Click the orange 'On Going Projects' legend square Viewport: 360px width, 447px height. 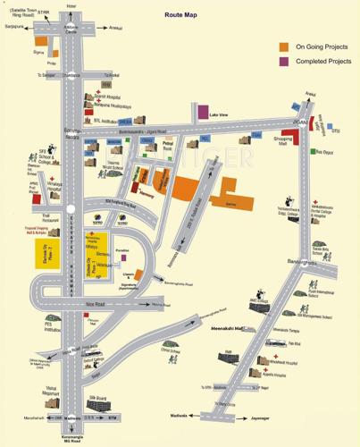[x=284, y=46]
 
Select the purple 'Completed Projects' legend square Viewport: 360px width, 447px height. [x=284, y=61]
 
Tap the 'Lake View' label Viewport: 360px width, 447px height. [x=219, y=114]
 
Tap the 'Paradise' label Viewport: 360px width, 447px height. [x=125, y=251]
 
